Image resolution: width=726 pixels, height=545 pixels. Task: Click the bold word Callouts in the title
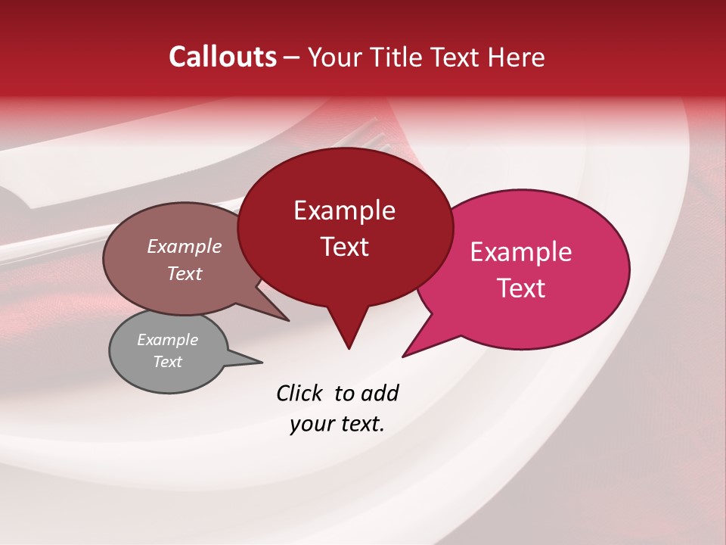[222, 57]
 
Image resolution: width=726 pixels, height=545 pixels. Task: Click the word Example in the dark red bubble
[344, 210]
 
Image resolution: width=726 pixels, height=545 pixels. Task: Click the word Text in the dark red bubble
[344, 247]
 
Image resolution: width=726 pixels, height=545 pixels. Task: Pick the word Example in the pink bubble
[521, 252]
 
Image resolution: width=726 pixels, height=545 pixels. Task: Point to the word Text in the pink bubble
[522, 288]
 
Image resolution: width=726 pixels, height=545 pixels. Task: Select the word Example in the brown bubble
[185, 246]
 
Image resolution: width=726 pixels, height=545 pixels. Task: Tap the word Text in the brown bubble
[185, 273]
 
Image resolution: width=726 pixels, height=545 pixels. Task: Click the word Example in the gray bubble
[167, 340]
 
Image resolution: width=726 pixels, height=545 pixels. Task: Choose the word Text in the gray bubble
[168, 362]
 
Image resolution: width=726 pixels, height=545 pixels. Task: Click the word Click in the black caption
[300, 393]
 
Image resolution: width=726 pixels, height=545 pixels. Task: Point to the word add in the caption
[379, 393]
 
